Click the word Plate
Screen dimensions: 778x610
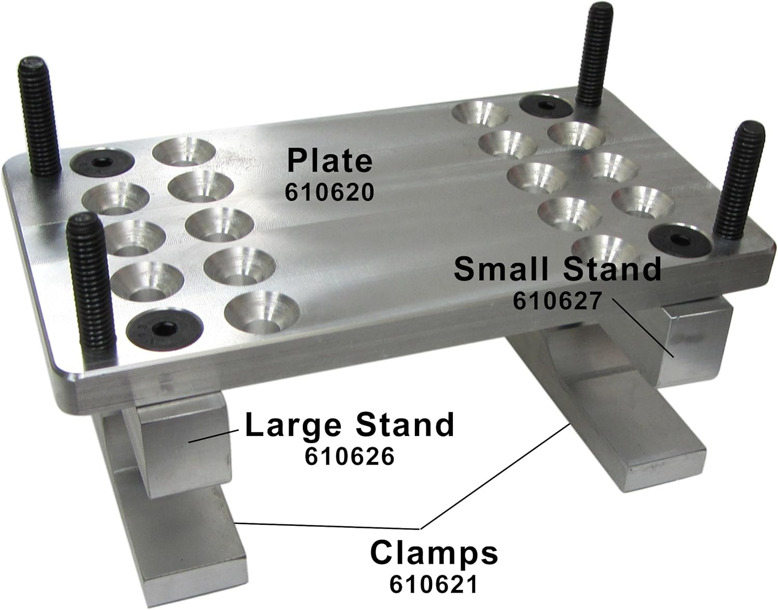[x=330, y=160]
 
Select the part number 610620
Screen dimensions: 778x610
[x=329, y=193]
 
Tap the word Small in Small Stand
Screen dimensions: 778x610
[x=501, y=269]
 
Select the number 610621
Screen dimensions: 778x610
[x=433, y=585]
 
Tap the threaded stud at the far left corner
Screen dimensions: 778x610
[x=39, y=117]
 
